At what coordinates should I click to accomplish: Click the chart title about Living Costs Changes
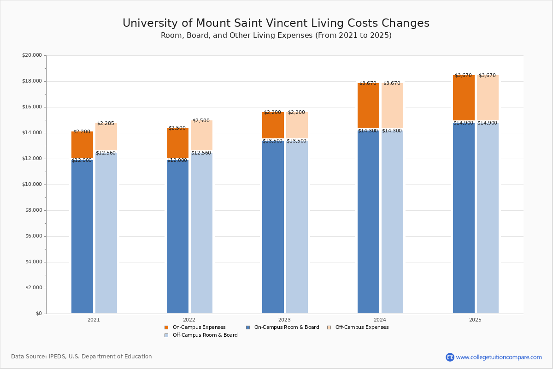tap(276, 24)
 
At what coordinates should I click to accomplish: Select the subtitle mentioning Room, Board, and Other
tap(276, 36)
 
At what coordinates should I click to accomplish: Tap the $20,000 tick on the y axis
tap(32, 55)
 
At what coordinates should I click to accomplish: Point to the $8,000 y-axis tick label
tap(33, 210)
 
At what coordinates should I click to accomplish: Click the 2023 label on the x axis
tap(284, 320)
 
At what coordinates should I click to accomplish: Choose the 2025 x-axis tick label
tap(475, 320)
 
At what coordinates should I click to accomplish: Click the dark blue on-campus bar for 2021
tap(82, 235)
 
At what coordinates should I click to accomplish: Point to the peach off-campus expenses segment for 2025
tap(488, 98)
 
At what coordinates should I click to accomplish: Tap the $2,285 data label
tap(106, 124)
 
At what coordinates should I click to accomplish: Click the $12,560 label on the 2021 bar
tap(106, 153)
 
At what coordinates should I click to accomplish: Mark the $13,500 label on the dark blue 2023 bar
tap(272, 141)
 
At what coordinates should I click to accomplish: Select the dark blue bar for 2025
tap(464, 217)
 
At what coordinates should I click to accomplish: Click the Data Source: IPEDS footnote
tap(82, 357)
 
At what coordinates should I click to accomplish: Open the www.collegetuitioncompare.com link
tap(499, 357)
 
